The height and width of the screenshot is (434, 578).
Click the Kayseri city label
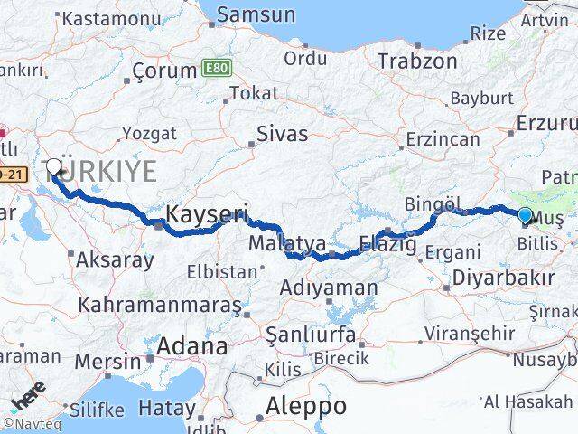(208, 214)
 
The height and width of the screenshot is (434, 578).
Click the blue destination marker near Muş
(526, 214)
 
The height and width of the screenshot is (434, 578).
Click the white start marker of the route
(54, 168)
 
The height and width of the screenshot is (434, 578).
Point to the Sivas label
(283, 134)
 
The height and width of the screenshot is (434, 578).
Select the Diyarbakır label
(504, 278)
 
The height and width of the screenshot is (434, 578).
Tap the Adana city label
(191, 345)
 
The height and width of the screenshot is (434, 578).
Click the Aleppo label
(306, 406)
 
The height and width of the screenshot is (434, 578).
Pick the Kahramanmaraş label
(159, 305)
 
